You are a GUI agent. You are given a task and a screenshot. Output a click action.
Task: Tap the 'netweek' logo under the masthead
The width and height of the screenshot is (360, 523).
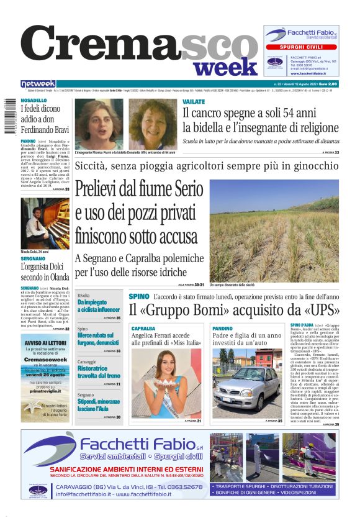click(38, 84)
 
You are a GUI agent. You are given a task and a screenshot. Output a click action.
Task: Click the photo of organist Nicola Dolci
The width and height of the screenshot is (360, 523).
click(45, 223)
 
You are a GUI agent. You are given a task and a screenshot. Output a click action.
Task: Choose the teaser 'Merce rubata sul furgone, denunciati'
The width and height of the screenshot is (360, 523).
click(98, 339)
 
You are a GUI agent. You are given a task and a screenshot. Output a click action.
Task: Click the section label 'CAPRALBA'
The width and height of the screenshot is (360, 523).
click(143, 328)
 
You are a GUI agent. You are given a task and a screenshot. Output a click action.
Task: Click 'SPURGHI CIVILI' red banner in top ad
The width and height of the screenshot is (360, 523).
click(301, 47)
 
